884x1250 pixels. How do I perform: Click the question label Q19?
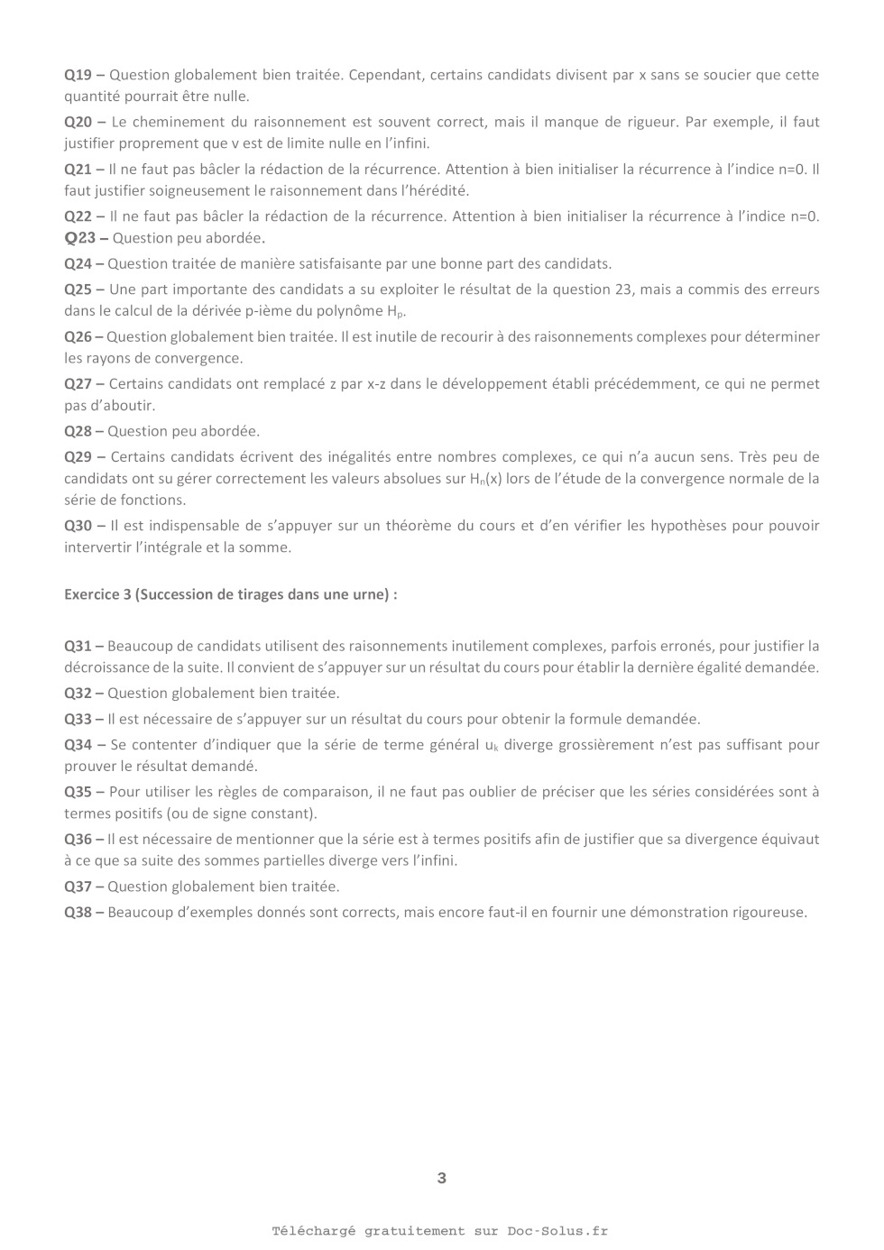click(x=78, y=75)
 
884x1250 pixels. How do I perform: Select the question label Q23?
click(x=79, y=238)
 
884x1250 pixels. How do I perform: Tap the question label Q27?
click(x=78, y=384)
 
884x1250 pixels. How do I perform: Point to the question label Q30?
click(x=78, y=526)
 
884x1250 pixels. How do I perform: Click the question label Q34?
click(x=78, y=745)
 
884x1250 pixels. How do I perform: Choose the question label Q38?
click(x=78, y=913)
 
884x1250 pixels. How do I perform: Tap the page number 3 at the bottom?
click(x=441, y=1178)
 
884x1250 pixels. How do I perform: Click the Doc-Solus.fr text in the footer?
click(x=557, y=1231)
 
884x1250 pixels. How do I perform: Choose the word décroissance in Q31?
click(x=106, y=668)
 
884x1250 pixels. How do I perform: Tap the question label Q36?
click(x=78, y=840)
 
